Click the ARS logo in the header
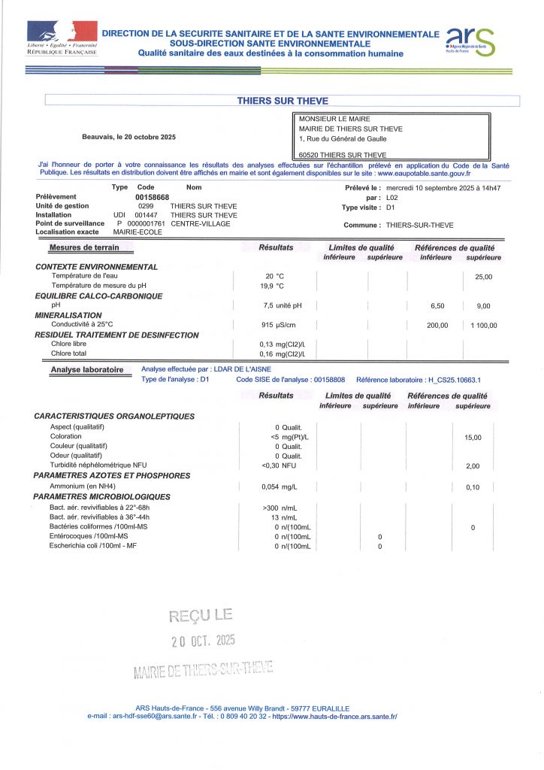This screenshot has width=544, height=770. [470, 40]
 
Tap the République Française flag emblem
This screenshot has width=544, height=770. [62, 32]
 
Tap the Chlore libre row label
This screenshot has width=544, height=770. [68, 344]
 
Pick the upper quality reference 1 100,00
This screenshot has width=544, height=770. [483, 325]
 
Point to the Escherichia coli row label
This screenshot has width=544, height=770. [92, 545]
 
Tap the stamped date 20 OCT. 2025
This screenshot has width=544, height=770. [203, 641]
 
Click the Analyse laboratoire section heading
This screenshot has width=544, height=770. [86, 370]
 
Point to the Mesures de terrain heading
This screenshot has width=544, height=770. [84, 247]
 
